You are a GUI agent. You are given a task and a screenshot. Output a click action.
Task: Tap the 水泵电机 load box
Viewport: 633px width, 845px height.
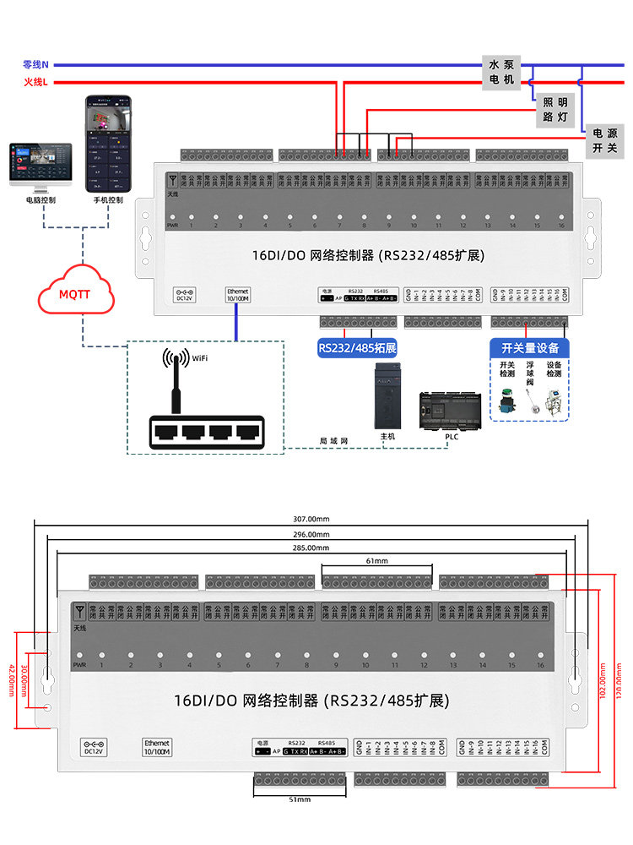point(500,73)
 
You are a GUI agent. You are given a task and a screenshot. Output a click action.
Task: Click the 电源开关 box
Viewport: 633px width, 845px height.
point(604,140)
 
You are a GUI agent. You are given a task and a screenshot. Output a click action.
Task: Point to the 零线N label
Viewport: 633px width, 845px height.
point(35,64)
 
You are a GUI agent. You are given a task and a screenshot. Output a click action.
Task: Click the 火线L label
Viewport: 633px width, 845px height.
point(35,82)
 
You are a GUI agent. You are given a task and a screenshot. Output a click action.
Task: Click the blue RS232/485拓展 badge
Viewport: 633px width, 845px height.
point(357,347)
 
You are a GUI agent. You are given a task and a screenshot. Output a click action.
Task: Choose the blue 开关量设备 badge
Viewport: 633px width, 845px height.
point(529,347)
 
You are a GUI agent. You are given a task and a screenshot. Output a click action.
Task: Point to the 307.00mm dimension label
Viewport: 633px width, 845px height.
point(311,518)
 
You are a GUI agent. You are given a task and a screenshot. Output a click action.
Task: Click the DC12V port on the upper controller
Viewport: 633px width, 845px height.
point(185,294)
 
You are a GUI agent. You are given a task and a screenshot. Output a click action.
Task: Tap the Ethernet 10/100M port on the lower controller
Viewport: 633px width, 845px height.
point(156,747)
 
